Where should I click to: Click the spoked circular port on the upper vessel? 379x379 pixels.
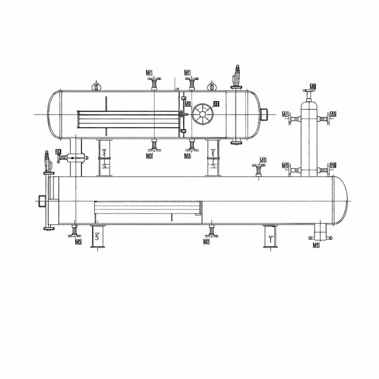[x=203, y=113]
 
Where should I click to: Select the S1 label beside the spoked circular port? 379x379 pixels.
[x=217, y=104]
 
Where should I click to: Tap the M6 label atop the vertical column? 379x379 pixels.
[x=313, y=86]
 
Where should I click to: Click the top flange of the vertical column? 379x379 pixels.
[x=309, y=93]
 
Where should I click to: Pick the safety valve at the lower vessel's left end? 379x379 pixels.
[x=48, y=162]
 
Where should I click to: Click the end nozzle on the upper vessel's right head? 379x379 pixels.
[x=265, y=113]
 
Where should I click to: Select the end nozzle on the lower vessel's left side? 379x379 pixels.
[x=42, y=200]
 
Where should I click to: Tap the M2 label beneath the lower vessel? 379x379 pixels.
[x=206, y=242]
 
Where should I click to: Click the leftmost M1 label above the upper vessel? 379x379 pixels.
[x=150, y=72]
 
